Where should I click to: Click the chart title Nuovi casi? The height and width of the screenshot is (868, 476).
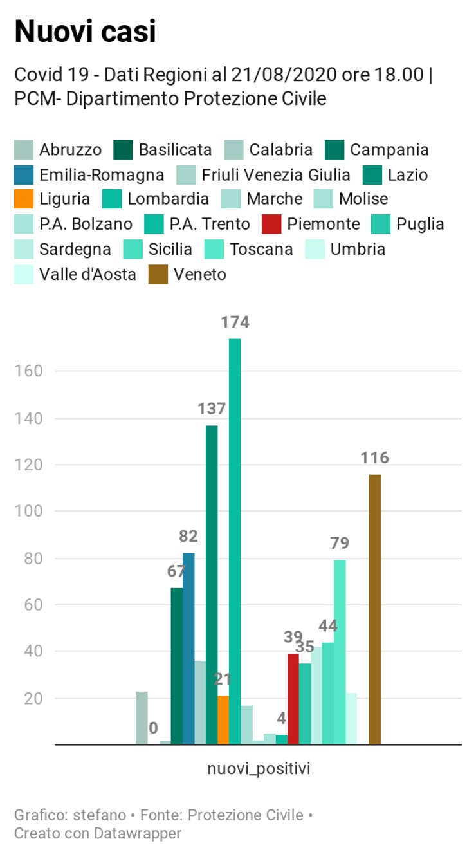[85, 31]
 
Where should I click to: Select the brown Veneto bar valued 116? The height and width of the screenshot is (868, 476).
[375, 609]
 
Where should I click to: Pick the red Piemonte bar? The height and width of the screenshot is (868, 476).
[293, 699]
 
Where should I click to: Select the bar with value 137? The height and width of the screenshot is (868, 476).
[212, 585]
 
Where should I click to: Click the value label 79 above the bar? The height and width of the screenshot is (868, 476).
[340, 544]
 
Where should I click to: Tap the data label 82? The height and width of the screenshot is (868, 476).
[188, 537]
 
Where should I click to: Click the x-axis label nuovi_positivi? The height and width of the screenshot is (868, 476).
[259, 769]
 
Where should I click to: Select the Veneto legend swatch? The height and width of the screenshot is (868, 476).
[158, 275]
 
